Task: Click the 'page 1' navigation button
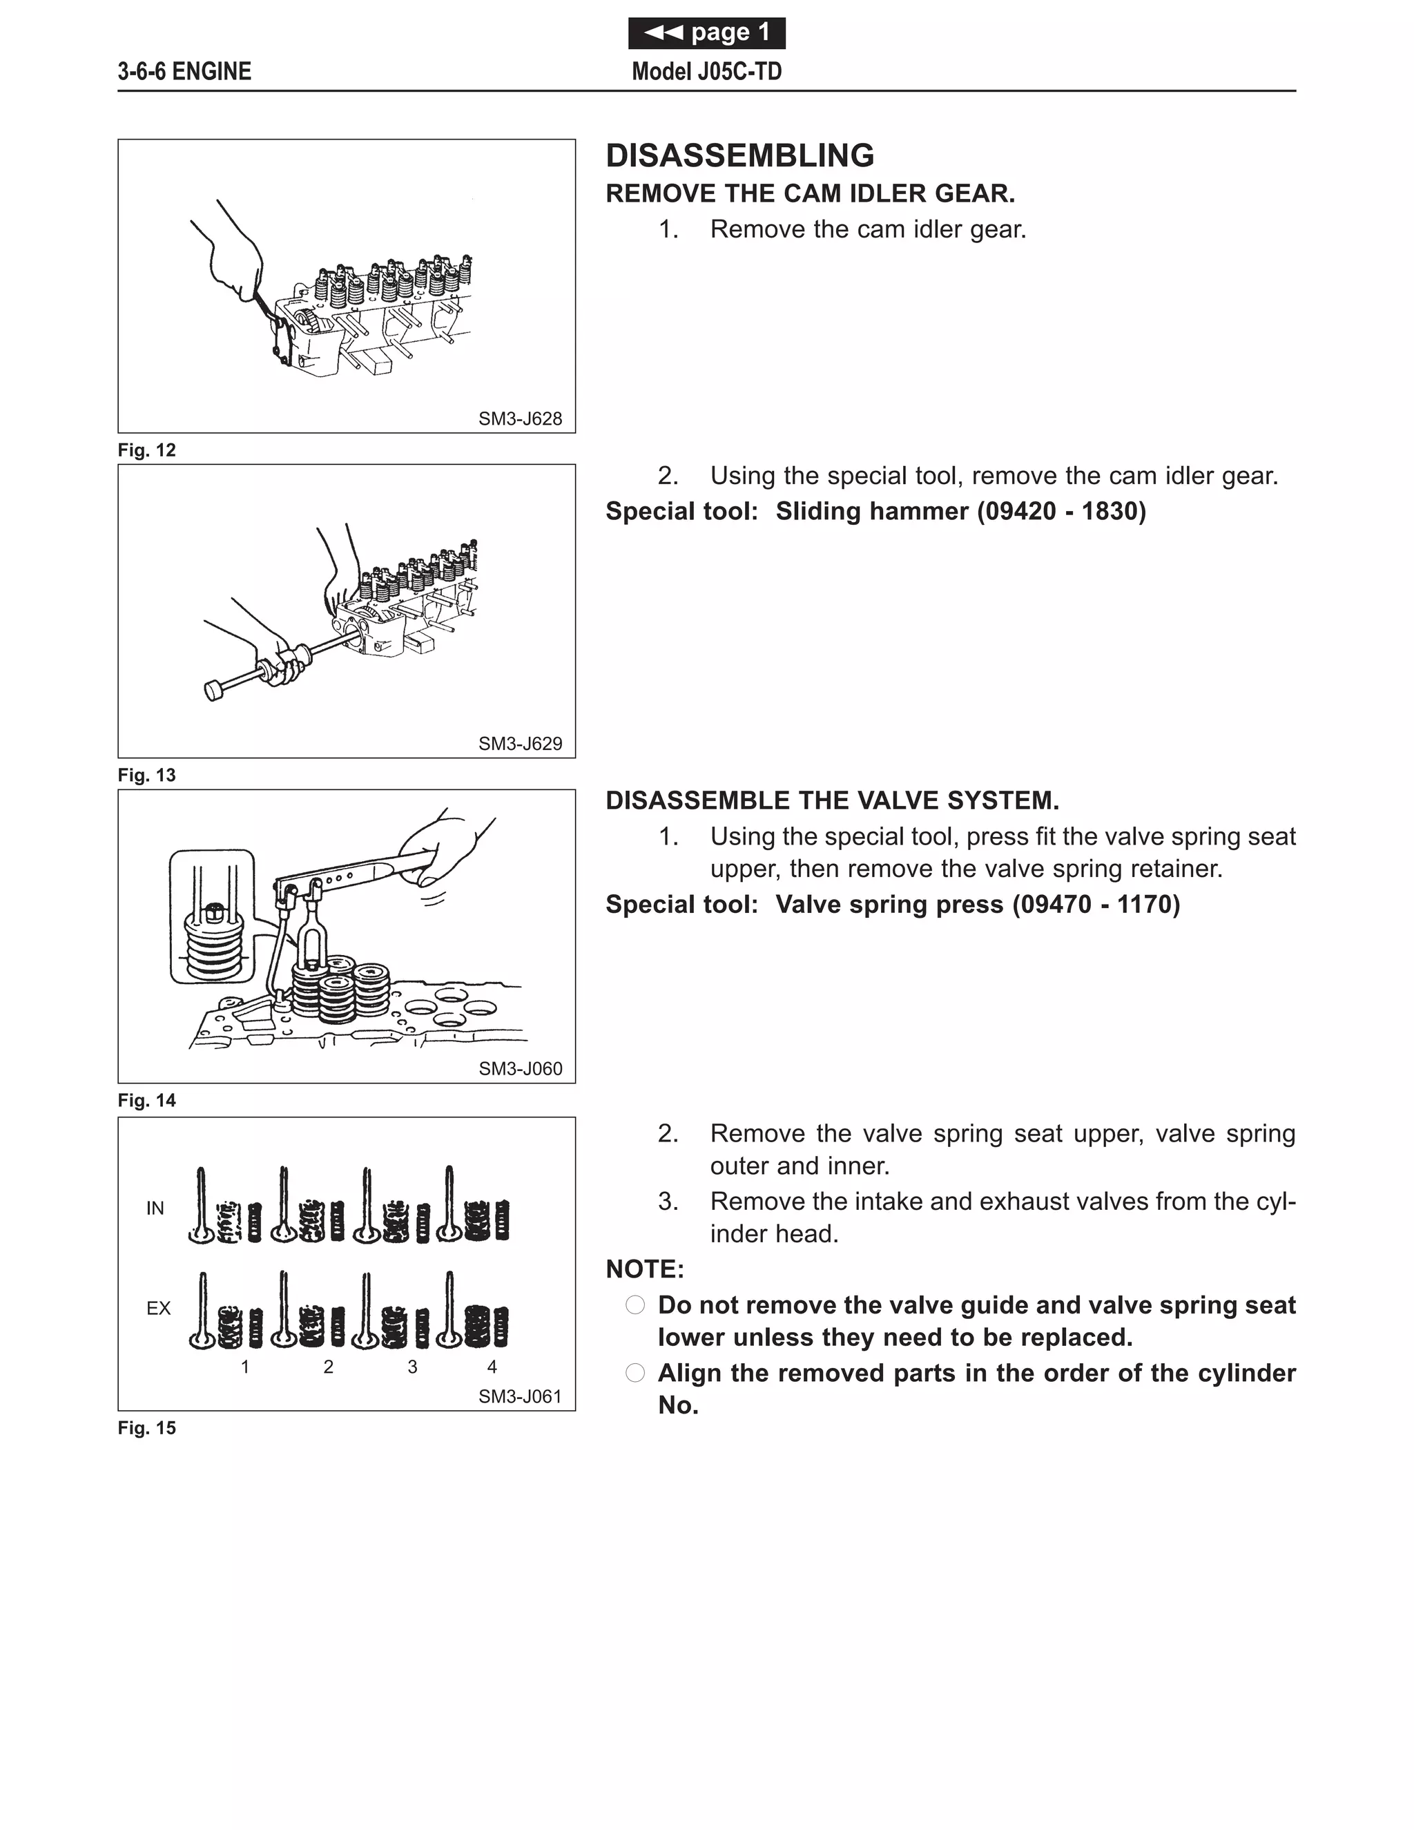[x=706, y=32]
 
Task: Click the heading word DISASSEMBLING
[x=739, y=156]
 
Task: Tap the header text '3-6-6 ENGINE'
[x=184, y=72]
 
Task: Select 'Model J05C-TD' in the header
[x=706, y=72]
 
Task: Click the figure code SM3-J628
[x=519, y=419]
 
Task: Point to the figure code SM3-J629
[x=519, y=744]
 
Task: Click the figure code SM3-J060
[x=519, y=1069]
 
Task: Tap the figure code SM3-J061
[x=519, y=1397]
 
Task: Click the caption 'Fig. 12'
[x=146, y=451]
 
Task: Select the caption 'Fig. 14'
[x=146, y=1101]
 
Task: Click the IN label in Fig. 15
[x=155, y=1208]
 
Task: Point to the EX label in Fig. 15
[x=157, y=1309]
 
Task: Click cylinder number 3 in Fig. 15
[x=412, y=1367]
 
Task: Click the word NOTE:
[x=644, y=1269]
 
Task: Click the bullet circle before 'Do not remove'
[x=635, y=1305]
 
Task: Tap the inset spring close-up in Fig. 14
[x=212, y=916]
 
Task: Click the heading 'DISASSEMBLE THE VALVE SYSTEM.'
[x=832, y=801]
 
